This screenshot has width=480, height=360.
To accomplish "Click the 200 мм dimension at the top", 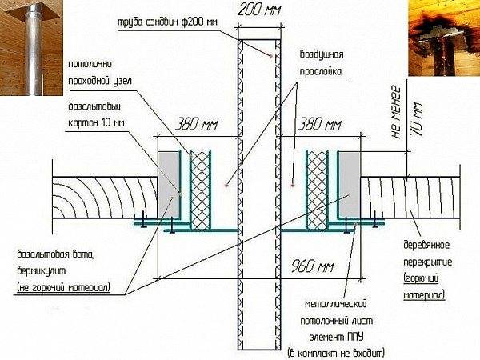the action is point(259,10).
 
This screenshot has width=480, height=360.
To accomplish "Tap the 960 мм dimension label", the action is point(312,266).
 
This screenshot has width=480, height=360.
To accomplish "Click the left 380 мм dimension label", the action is point(197,125).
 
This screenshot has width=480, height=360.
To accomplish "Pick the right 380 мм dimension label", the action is point(319,125).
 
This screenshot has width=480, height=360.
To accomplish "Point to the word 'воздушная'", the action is point(321,55).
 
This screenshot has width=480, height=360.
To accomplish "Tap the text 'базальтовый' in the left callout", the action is point(94,107).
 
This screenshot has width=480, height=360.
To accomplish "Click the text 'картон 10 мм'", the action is point(96,122).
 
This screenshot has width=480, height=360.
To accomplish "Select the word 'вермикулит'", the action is point(42,270).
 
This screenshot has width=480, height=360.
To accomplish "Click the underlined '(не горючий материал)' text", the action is point(64,288).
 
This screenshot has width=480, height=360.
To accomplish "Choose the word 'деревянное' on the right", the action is point(426,246).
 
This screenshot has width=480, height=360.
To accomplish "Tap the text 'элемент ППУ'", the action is point(336,337).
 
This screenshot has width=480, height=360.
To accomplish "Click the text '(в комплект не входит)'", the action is point(336,353).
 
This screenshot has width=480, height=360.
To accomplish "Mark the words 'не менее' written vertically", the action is point(396,112).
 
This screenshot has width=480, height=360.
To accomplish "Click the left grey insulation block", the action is point(168,184).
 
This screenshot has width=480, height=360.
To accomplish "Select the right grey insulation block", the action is point(350,184).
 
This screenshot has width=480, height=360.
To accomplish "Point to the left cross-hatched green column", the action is point(200,190).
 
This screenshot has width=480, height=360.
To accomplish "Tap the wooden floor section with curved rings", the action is point(105,198).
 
